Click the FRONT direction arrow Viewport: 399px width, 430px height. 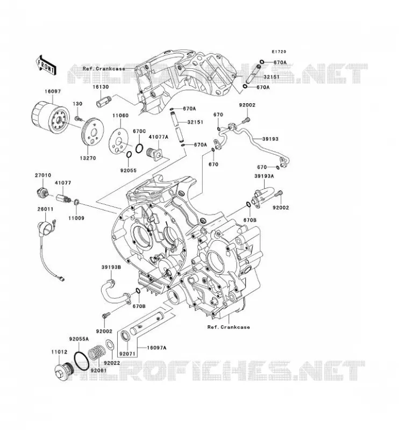point(46,64)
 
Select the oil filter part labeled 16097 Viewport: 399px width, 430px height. point(49,118)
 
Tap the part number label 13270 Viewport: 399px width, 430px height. point(88,158)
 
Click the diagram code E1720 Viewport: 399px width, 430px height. point(279,52)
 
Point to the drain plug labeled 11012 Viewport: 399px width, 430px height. point(63,371)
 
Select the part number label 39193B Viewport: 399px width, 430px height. point(111,267)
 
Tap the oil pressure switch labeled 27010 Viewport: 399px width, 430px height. point(42,192)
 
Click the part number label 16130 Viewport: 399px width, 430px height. point(101,87)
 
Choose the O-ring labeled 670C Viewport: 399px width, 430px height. point(139,148)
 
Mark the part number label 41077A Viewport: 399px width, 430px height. point(159,137)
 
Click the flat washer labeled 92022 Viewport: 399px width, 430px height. point(110,345)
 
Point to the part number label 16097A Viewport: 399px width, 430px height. point(156,348)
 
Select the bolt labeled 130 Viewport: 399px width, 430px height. point(77,118)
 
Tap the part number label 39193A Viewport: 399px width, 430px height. point(264,176)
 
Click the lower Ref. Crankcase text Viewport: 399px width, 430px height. point(229,327)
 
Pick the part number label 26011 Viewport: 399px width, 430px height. point(46,209)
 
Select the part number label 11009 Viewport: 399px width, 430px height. point(76,218)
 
